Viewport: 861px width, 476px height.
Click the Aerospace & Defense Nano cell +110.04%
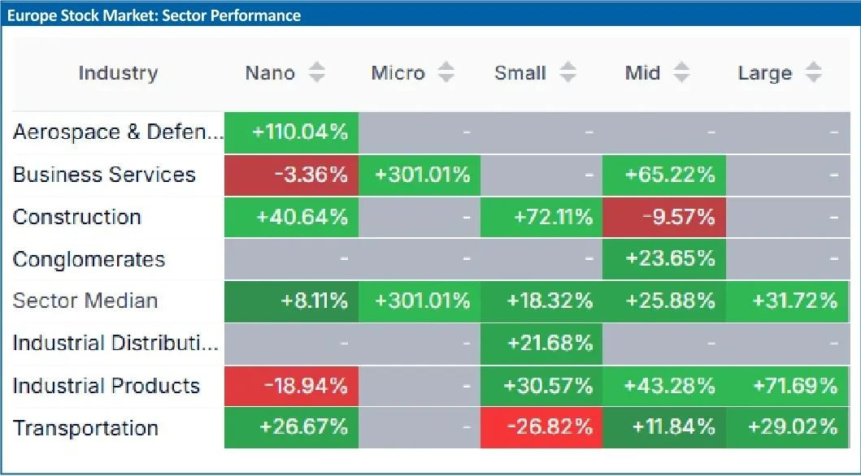click(291, 132)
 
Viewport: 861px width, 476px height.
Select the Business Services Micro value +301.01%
click(420, 175)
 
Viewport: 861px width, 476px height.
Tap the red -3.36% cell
click(291, 175)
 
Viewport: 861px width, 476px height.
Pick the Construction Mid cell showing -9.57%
click(663, 217)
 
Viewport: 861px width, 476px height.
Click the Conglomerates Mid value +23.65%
click(663, 259)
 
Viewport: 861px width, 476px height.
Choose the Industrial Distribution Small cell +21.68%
click(541, 344)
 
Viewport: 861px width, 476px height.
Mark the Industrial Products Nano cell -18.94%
click(291, 386)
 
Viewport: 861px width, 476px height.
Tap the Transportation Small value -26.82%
click(541, 428)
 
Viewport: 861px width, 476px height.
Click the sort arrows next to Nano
click(317, 73)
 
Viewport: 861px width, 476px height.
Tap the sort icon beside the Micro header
click(446, 73)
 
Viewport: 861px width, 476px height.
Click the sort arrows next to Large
click(813, 73)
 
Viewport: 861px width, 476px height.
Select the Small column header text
click(520, 73)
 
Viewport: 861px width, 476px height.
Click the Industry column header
click(118, 73)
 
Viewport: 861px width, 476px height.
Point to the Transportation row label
click(85, 428)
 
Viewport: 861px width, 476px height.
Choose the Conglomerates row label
click(89, 259)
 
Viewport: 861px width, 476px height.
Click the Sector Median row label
click(85, 301)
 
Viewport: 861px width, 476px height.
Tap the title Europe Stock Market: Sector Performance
click(154, 15)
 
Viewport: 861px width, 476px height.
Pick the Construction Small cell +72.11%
click(541, 217)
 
